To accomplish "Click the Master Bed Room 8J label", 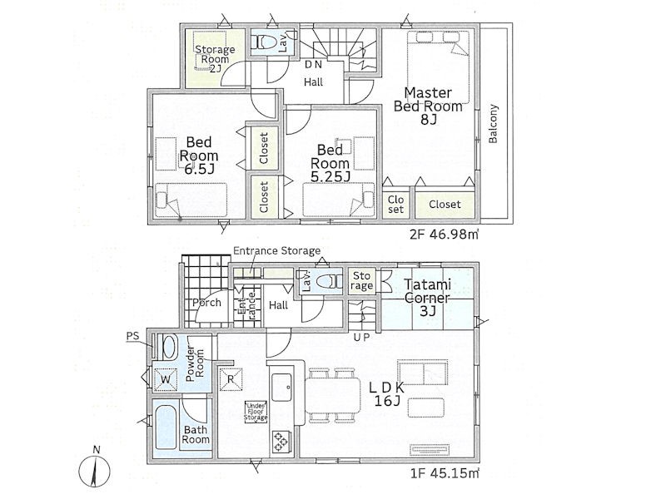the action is click(x=428, y=106).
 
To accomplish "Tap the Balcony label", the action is click(x=493, y=124).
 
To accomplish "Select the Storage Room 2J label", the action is click(x=215, y=59).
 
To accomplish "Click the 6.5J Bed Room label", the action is click(x=199, y=156).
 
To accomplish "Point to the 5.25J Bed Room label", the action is click(x=331, y=163).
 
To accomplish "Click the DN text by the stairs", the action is click(x=314, y=65).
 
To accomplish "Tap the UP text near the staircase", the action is click(x=361, y=338).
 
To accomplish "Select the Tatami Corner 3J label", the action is click(x=427, y=298).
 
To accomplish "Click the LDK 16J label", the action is click(x=386, y=393).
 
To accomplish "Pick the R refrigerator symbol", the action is click(x=231, y=379).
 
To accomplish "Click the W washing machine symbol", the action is click(x=166, y=379).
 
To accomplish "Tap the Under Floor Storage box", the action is click(x=256, y=412).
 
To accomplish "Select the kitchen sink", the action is click(x=281, y=387).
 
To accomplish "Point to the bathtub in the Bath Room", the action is click(x=166, y=427).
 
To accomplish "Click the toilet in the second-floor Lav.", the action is click(x=266, y=42).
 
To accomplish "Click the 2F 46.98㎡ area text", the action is click(x=444, y=235).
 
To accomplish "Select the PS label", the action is click(x=132, y=337).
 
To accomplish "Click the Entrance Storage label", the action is click(x=277, y=251).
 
